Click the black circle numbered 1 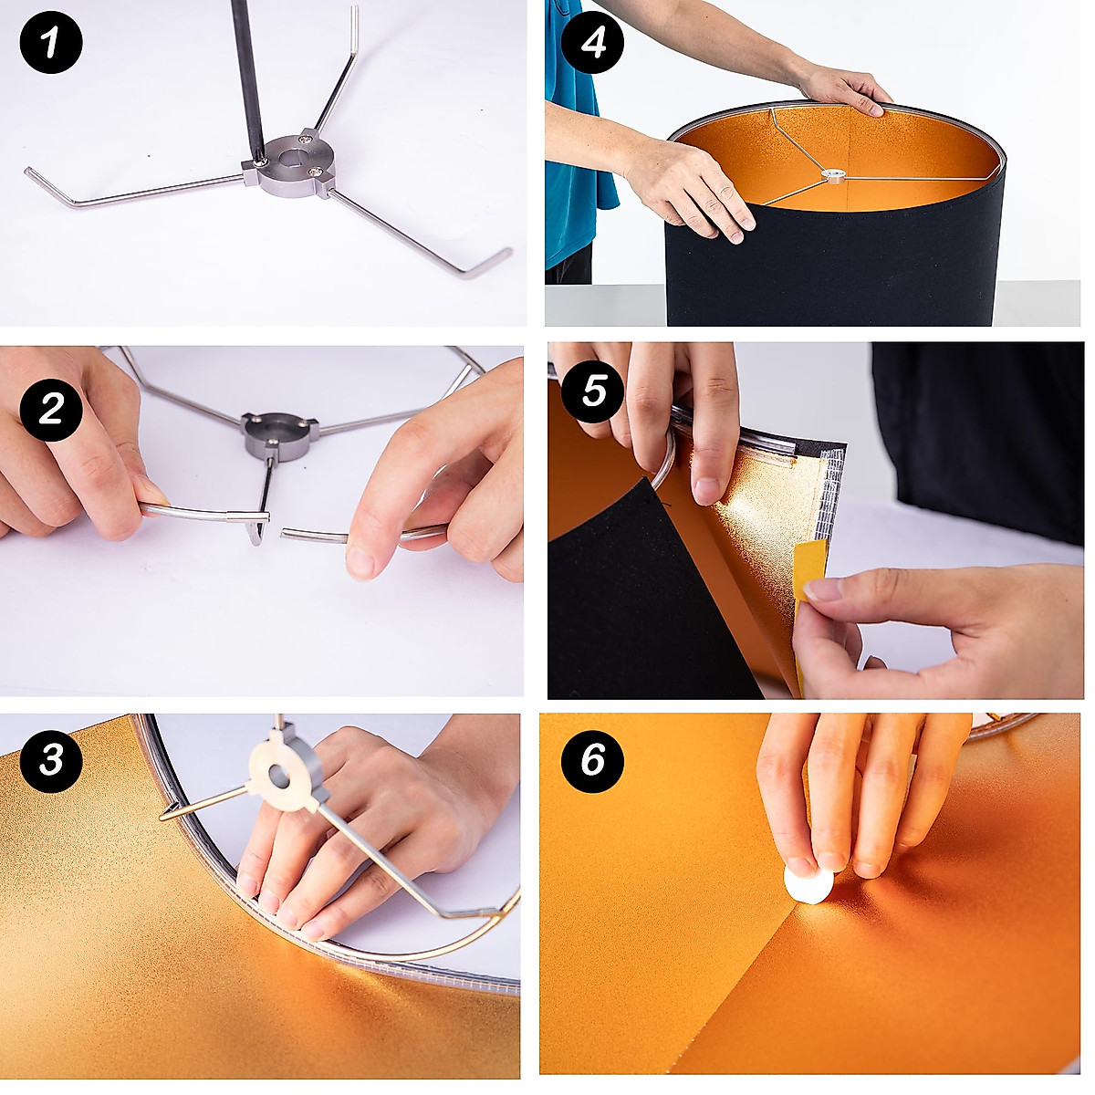pyautogui.click(x=51, y=43)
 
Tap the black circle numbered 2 pyautogui.click(x=51, y=409)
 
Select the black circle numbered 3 pyautogui.click(x=51, y=761)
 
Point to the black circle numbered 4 pyautogui.click(x=593, y=43)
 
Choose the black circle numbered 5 pyautogui.click(x=593, y=391)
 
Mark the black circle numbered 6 pyautogui.click(x=593, y=761)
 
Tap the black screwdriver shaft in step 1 pyautogui.click(x=247, y=79)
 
